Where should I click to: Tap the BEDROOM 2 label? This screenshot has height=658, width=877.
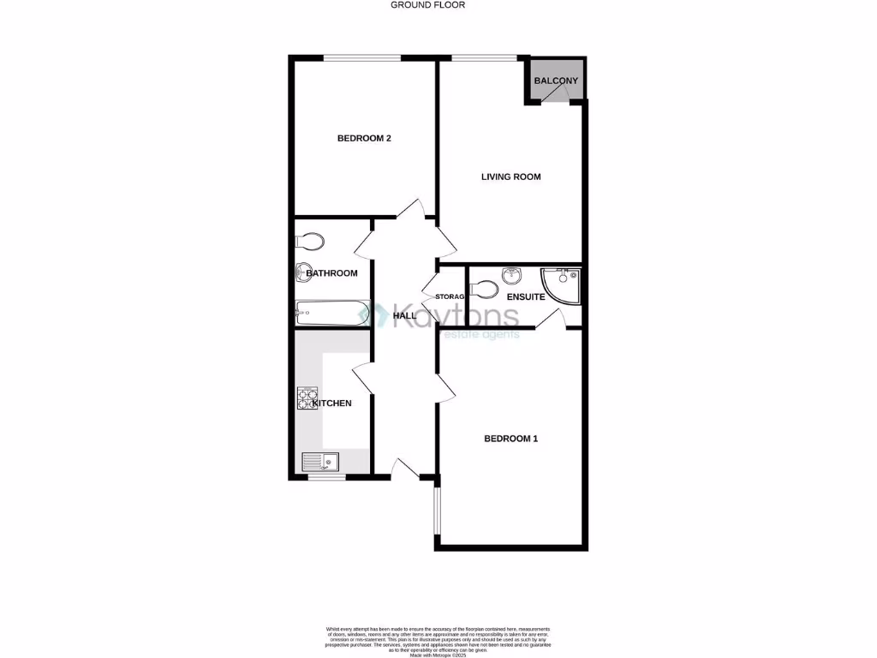(364, 139)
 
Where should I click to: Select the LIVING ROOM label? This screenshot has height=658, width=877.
(510, 177)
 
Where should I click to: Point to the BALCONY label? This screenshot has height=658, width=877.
(556, 81)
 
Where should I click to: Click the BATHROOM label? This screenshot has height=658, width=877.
(331, 273)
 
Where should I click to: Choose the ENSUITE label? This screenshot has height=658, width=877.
(526, 297)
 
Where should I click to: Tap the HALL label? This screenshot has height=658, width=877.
(404, 316)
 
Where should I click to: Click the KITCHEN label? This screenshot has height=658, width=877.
(331, 404)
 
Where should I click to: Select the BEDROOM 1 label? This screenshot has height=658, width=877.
(510, 440)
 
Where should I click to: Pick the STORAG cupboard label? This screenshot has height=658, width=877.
(450, 297)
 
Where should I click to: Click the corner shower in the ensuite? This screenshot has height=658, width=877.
(562, 286)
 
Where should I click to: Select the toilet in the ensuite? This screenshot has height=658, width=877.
(486, 289)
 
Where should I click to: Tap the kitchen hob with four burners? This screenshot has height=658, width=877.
(306, 398)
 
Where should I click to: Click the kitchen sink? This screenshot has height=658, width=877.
(321, 462)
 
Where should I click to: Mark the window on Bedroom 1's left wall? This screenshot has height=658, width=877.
(436, 511)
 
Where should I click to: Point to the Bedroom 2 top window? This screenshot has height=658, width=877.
(361, 57)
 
